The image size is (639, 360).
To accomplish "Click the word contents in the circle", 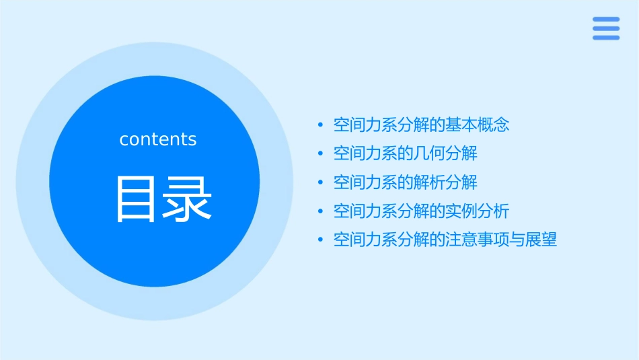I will [x=158, y=139].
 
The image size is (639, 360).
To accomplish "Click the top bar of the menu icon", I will [x=606, y=20].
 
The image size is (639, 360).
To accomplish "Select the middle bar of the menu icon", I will [x=606, y=28].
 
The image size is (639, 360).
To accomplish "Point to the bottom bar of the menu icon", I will [x=606, y=37].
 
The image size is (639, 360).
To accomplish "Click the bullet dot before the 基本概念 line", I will [x=321, y=125].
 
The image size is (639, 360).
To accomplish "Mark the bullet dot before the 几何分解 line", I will [x=321, y=154].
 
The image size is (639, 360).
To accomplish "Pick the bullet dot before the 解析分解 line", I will [x=321, y=182].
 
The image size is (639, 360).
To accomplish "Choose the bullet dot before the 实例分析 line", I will [x=321, y=211].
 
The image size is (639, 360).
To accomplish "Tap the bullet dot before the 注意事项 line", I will [x=321, y=240].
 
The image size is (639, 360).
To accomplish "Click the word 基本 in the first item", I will [x=461, y=124].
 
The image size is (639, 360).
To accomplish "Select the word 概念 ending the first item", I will [x=494, y=124].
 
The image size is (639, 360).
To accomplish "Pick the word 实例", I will [x=461, y=211].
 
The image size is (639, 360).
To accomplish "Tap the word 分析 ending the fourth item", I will [x=494, y=211].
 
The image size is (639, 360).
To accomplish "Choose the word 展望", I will [x=541, y=240].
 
